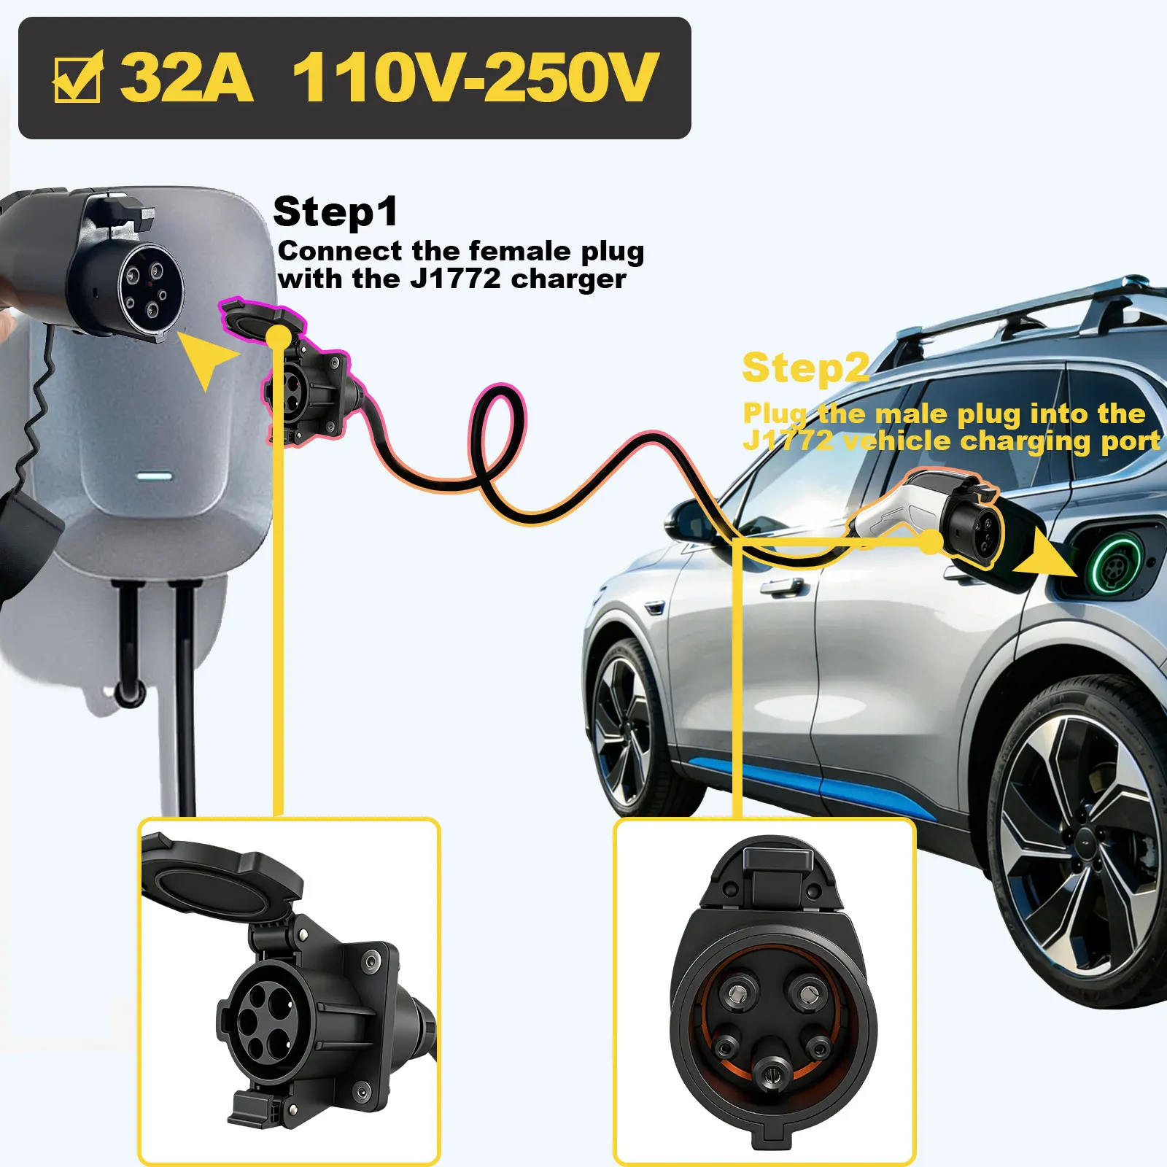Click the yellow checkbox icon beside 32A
(78, 77)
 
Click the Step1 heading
(336, 212)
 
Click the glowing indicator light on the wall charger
(155, 477)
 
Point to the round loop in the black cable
(498, 438)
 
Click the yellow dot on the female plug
(278, 338)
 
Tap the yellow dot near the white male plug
(931, 542)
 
